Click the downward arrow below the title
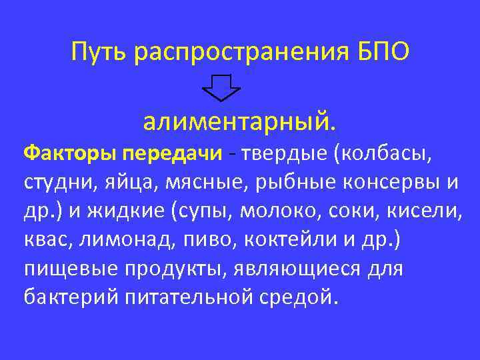221,87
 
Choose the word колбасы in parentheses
387,154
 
